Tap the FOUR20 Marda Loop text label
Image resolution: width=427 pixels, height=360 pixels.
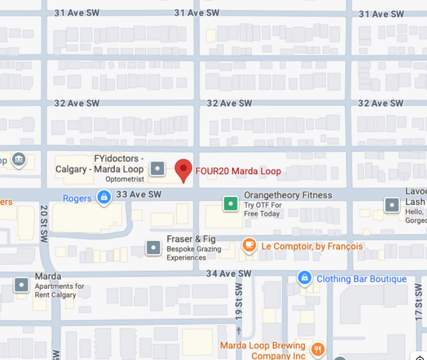click(238, 171)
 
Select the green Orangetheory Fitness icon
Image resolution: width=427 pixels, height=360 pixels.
click(231, 203)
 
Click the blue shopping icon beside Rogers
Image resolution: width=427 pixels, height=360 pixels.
click(104, 198)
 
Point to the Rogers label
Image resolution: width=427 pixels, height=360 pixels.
click(77, 199)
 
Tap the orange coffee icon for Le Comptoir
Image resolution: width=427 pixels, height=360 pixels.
click(249, 245)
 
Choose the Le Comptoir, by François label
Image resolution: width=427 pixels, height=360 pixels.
click(312, 247)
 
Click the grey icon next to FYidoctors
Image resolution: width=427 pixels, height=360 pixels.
click(157, 169)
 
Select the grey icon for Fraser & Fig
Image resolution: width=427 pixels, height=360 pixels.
click(154, 248)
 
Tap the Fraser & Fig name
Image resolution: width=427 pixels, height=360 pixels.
click(192, 239)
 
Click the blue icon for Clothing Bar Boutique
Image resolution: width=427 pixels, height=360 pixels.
click(304, 278)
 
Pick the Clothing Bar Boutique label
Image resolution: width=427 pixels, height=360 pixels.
click(362, 279)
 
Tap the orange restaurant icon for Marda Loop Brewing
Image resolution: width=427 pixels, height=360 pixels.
click(317, 350)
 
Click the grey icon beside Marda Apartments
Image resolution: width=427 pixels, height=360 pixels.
click(22, 285)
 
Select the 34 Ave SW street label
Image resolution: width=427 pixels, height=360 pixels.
click(229, 273)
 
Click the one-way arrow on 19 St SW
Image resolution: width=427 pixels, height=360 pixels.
click(238, 330)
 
